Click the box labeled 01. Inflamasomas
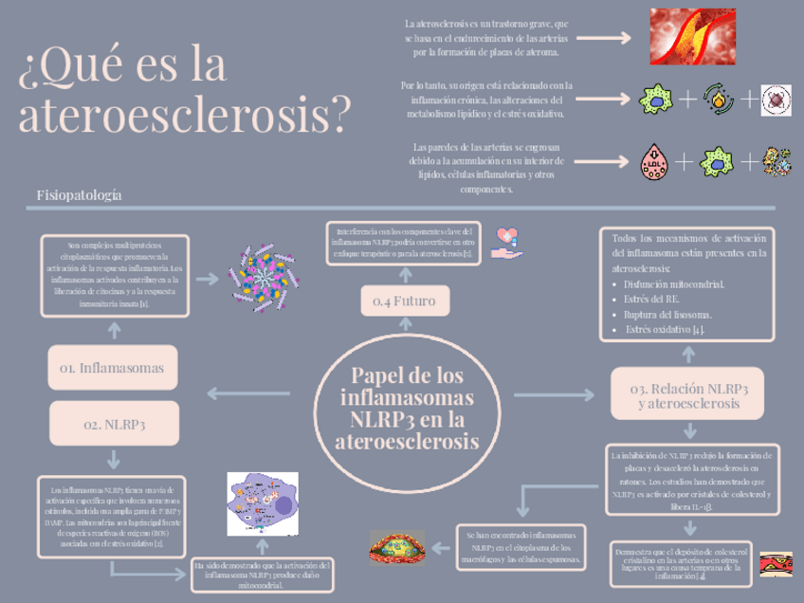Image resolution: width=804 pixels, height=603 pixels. point(112,368)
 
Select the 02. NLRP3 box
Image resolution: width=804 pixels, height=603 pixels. point(115,425)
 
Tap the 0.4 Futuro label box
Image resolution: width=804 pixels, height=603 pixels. point(405,301)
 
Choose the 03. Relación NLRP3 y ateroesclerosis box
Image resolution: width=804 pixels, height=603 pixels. point(689,395)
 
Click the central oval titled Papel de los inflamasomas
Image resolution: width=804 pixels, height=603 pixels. point(408,409)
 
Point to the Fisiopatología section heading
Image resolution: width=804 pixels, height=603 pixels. point(80,194)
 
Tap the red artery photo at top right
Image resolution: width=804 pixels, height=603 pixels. point(698,36)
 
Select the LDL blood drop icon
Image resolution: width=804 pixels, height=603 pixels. point(653,161)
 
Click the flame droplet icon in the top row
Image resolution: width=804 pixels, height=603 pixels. point(717,99)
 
